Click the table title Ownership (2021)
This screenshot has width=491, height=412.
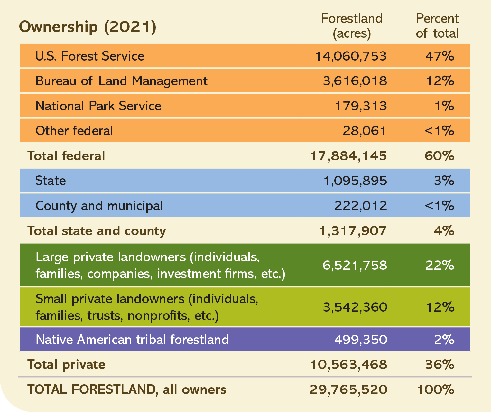[88, 27]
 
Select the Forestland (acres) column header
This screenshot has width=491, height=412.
[352, 26]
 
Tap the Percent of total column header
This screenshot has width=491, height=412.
[437, 26]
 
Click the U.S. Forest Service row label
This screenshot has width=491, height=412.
[90, 56]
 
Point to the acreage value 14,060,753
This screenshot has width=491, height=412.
[351, 56]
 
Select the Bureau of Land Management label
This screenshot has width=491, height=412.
[121, 81]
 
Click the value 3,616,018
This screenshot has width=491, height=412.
[355, 81]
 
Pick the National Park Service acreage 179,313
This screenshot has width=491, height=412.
[361, 106]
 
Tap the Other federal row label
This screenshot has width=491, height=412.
[74, 131]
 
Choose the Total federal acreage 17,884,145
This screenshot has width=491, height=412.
[348, 156]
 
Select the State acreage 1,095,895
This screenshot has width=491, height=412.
[355, 181]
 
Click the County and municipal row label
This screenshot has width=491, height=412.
[99, 206]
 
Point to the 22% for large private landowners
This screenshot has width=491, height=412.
[440, 265]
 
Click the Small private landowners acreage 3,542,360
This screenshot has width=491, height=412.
[355, 307]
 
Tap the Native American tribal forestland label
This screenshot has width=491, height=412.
[132, 340]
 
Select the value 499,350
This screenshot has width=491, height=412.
[361, 340]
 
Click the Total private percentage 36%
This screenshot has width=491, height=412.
[440, 365]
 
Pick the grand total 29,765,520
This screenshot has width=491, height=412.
[348, 390]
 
